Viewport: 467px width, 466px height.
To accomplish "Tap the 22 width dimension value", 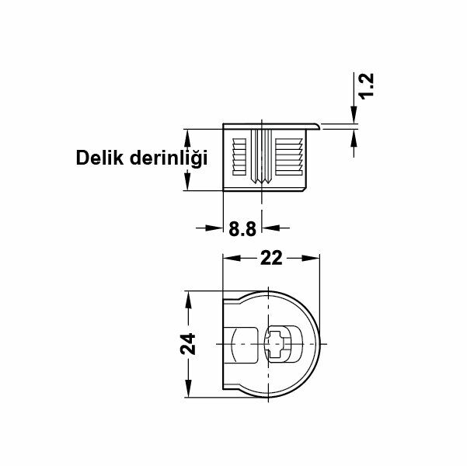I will coord(271,259).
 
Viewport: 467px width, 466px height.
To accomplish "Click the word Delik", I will coord(99,158).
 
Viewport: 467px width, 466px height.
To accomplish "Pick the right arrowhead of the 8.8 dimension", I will coord(269,228).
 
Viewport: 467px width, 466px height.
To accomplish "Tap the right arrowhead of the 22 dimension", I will coord(314,258).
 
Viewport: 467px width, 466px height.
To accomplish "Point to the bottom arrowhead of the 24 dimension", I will coord(187,391).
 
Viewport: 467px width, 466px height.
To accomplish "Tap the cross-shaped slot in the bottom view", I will coord(277,344).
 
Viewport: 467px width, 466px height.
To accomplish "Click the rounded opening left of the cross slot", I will coord(243,344).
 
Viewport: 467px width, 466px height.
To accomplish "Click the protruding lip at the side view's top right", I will coord(316,124).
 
